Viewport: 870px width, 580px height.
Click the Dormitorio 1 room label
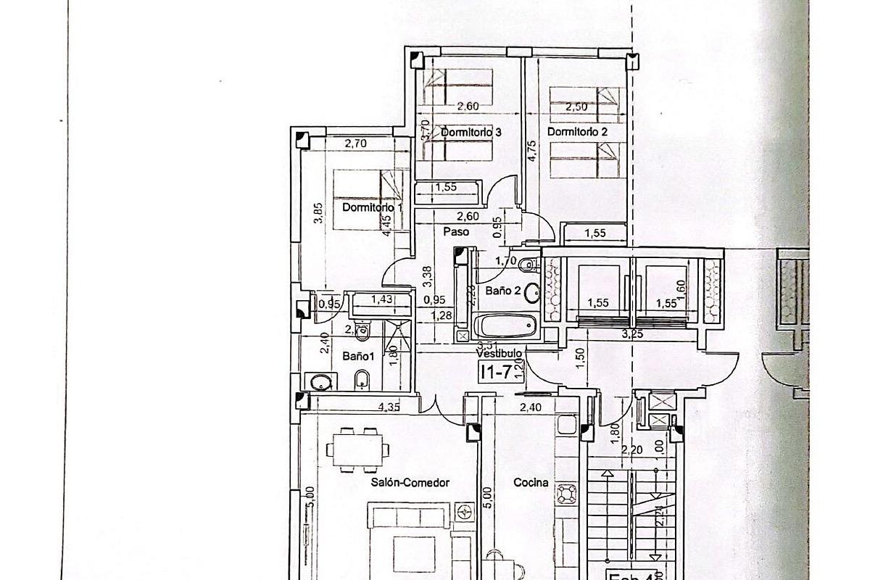(x=372, y=207)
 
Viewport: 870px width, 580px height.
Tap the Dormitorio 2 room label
(x=577, y=132)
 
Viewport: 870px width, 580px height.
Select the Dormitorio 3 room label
(x=471, y=132)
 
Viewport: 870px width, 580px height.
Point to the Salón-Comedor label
(x=410, y=482)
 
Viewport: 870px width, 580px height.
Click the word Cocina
(x=531, y=482)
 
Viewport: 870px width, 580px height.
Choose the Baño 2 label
(x=503, y=291)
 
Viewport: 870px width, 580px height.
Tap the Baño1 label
(x=358, y=357)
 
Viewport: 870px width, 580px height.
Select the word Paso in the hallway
(x=457, y=232)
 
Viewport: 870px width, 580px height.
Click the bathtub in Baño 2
(x=506, y=326)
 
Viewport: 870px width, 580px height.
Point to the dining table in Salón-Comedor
(x=357, y=449)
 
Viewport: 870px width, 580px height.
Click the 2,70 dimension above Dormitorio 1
(x=355, y=144)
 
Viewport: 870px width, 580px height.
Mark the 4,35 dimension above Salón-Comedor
(x=390, y=407)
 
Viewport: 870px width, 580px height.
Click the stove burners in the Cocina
(x=566, y=494)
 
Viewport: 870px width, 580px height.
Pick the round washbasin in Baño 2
(x=533, y=292)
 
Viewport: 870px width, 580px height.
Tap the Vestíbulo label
(x=500, y=353)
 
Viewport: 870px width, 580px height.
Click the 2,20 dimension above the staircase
(x=632, y=449)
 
